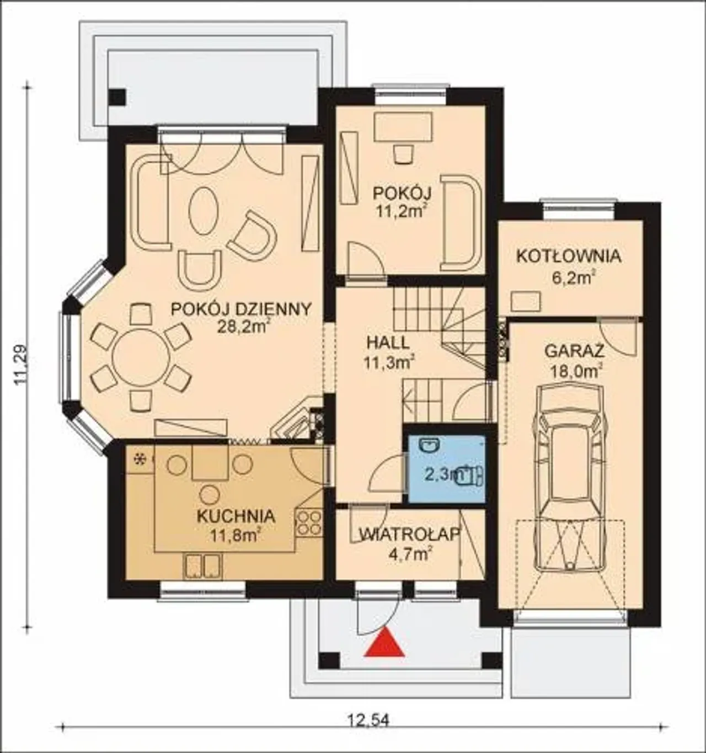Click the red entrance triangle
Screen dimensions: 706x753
point(384,642)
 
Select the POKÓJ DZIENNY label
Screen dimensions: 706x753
point(241,309)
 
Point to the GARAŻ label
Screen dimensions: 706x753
point(574,351)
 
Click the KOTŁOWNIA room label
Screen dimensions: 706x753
point(569,257)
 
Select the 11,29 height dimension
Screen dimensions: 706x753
point(20,364)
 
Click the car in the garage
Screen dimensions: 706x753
point(569,483)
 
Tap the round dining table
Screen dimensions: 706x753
point(142,358)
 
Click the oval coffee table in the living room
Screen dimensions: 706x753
point(204,212)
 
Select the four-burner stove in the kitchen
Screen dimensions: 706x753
point(309,523)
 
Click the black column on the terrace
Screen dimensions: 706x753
point(117,98)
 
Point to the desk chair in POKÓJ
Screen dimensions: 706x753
point(403,154)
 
